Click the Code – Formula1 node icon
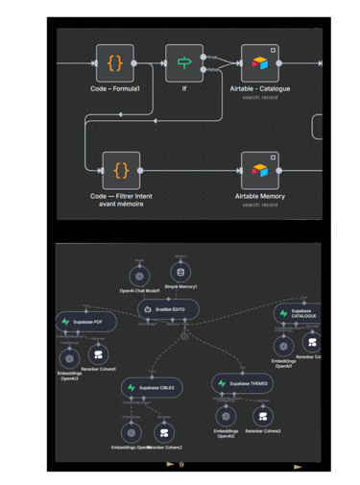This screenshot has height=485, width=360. (114, 63)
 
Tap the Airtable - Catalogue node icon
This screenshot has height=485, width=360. (260, 63)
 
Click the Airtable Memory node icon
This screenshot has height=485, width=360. (260, 171)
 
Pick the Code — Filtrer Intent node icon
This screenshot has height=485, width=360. (121, 171)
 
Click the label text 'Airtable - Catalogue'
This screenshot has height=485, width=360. (260, 88)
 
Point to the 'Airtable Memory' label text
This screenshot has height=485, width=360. (260, 196)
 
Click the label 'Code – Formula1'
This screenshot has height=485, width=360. (114, 88)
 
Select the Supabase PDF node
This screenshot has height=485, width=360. (84, 321)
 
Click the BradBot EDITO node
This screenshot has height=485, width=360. (168, 308)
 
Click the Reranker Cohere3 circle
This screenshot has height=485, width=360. (260, 416)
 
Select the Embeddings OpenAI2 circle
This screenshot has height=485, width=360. (226, 417)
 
